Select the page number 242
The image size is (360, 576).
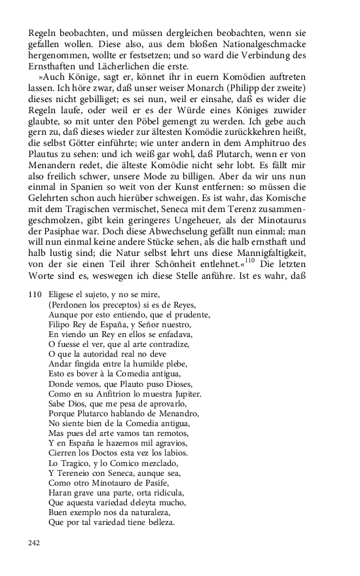35,542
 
